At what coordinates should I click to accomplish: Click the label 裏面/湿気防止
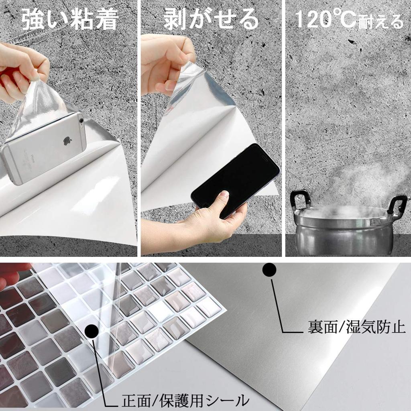tap(356, 328)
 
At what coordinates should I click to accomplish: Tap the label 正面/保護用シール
tap(185, 400)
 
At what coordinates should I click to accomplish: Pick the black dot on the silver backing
tap(269, 270)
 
